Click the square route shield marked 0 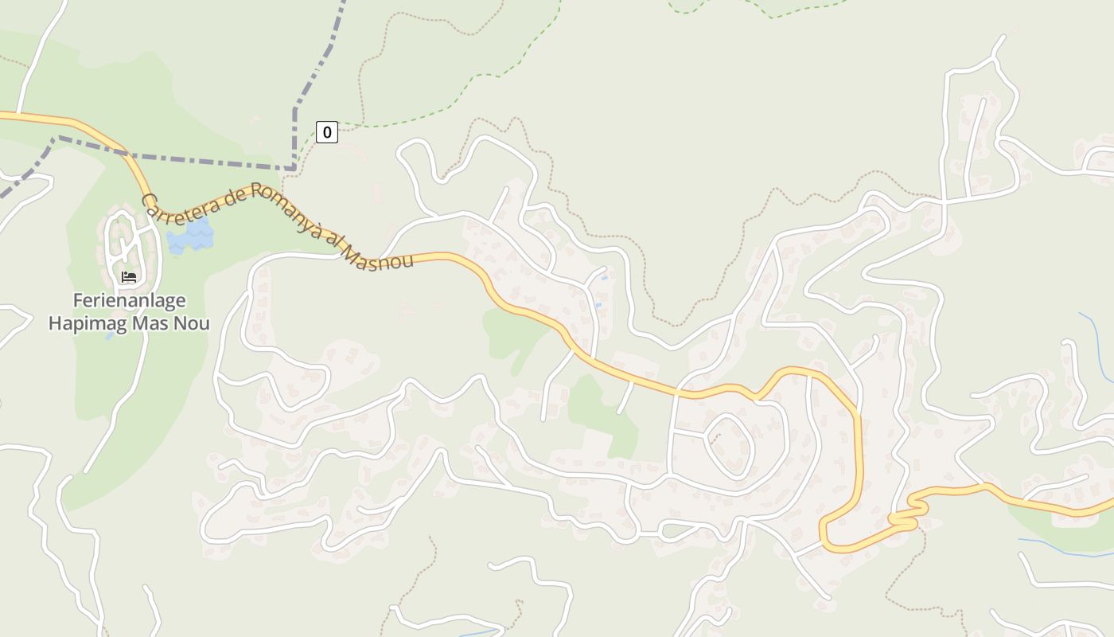coord(326,132)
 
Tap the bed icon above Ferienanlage coord(129,277)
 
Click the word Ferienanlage coord(130,301)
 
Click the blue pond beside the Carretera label coord(191,236)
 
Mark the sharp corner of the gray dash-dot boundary coord(294,167)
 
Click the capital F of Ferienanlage coord(78,301)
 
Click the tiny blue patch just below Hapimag coord(110,337)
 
